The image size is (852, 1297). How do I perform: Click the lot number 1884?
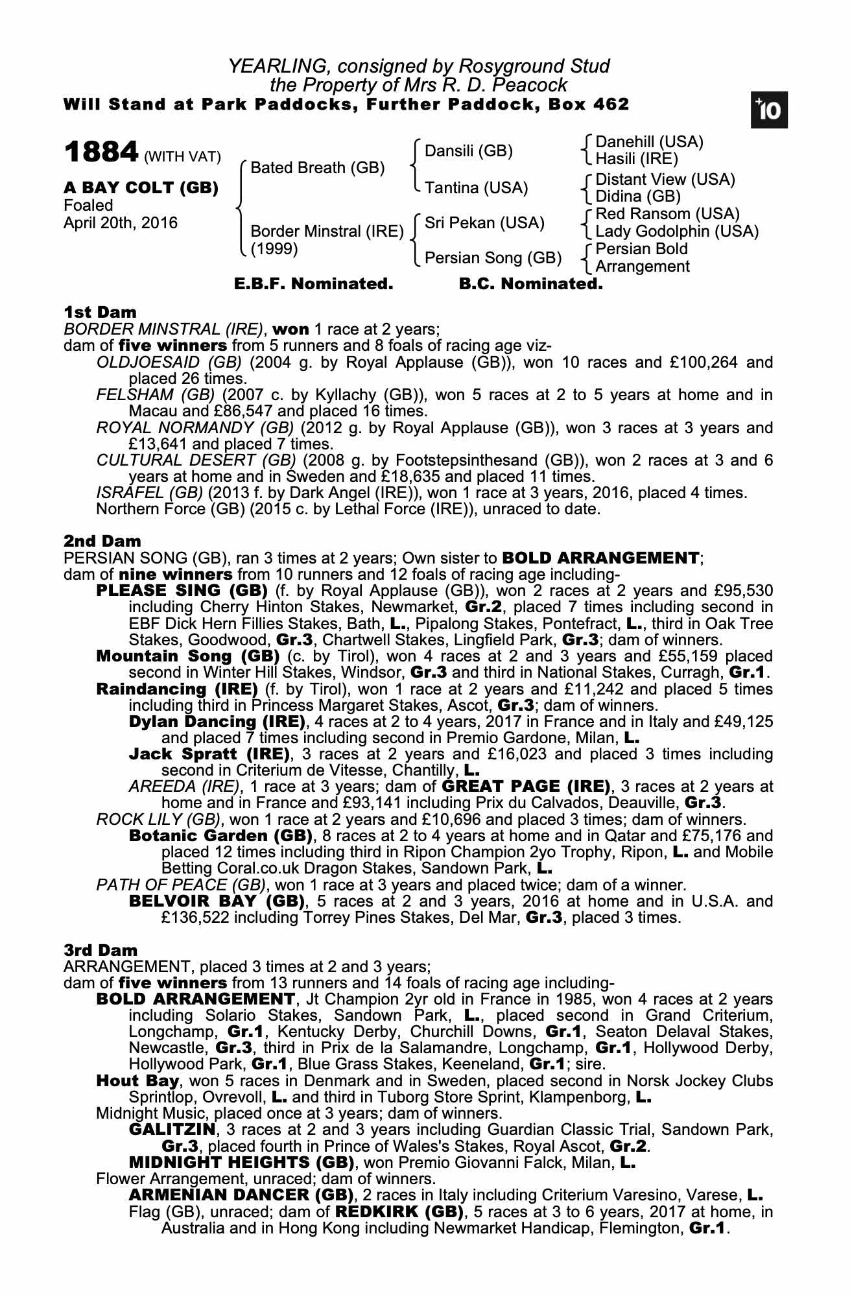tap(101, 153)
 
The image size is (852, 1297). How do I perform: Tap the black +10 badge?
tap(769, 111)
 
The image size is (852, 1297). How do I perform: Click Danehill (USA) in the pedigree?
tap(649, 142)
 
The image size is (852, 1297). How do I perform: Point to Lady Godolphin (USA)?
tap(677, 232)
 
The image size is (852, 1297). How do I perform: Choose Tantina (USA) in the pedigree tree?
tap(476, 188)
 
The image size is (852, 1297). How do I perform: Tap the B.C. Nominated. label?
tap(530, 284)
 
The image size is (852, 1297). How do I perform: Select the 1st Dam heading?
tap(100, 313)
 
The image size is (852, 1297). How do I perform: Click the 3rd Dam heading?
tap(101, 950)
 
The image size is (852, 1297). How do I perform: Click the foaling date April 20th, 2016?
tap(120, 223)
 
